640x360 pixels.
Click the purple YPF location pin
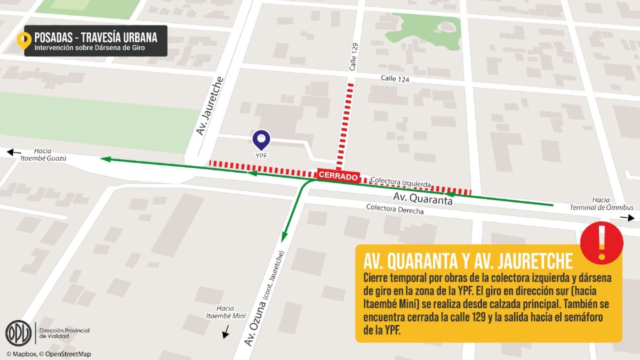click(261, 140)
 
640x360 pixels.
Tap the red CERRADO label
click(339, 175)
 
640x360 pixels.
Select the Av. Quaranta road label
click(422, 199)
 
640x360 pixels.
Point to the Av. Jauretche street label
click(210, 106)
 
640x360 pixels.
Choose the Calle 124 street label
click(395, 78)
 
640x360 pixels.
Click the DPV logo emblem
click(19, 333)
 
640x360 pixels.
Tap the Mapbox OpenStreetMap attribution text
click(49, 354)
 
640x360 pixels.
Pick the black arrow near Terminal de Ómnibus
click(627, 218)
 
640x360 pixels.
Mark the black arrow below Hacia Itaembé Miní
click(226, 333)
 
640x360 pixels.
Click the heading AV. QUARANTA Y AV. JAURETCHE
click(468, 261)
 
